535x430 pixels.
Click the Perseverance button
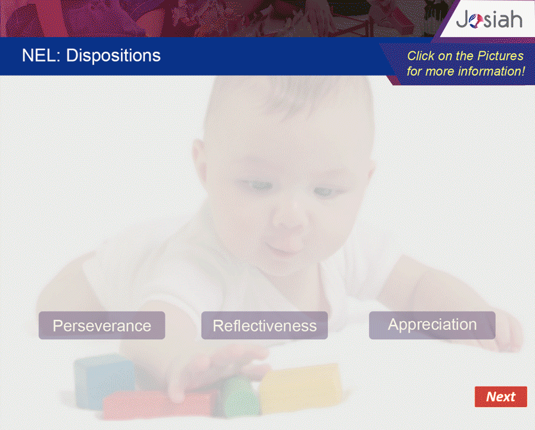click(x=102, y=326)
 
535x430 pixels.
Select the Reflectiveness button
click(x=265, y=326)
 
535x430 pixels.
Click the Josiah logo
click(x=489, y=19)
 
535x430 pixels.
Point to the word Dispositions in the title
click(x=113, y=55)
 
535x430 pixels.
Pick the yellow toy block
click(x=300, y=387)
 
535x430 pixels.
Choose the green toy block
click(x=236, y=397)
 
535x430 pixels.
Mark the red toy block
click(x=157, y=406)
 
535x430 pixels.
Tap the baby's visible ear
click(x=200, y=158)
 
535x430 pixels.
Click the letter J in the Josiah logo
click(x=463, y=20)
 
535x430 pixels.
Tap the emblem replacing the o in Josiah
click(x=475, y=21)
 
